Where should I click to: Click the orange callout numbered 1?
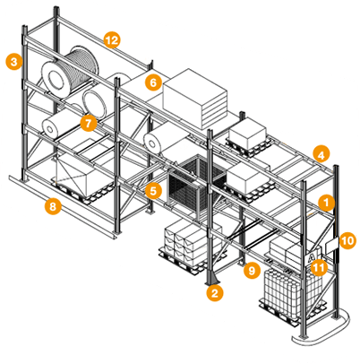click(x=326, y=203)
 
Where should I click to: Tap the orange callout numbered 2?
click(x=215, y=293)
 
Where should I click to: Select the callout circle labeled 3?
click(x=14, y=62)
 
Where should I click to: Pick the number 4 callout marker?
click(x=321, y=154)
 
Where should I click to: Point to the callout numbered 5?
click(x=153, y=191)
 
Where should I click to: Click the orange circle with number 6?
click(x=153, y=82)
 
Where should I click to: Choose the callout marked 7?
click(x=89, y=123)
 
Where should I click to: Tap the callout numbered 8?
click(x=53, y=206)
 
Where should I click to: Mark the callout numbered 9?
click(x=252, y=270)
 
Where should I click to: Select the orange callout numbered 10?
click(x=347, y=240)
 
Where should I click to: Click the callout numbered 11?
click(x=319, y=267)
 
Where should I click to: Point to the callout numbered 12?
click(x=112, y=39)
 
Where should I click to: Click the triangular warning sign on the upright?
click(x=313, y=257)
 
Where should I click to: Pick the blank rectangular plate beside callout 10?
click(x=331, y=246)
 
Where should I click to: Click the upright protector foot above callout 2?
click(x=212, y=277)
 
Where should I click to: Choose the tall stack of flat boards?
click(x=195, y=98)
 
